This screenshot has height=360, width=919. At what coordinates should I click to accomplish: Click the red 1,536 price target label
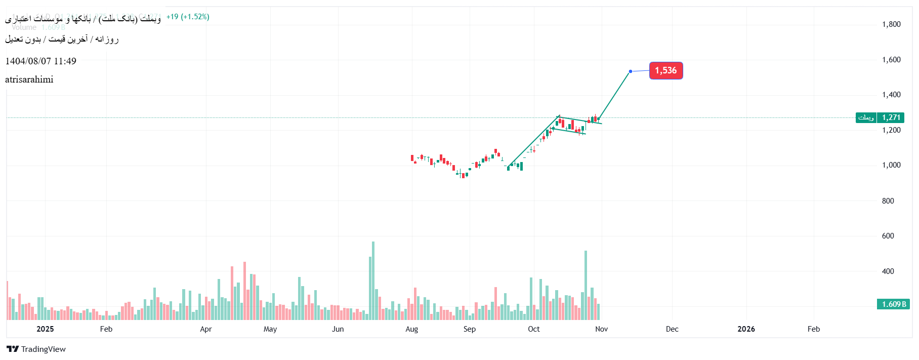[665, 71]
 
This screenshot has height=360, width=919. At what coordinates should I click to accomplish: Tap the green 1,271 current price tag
[891, 117]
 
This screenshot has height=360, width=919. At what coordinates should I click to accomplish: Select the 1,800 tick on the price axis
[891, 24]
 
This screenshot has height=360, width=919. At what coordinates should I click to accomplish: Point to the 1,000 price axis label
[891, 165]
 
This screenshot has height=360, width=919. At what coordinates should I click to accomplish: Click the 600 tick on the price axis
[888, 236]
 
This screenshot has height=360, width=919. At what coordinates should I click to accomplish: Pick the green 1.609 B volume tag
[893, 304]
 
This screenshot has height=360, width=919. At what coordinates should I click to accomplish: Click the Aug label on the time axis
[412, 329]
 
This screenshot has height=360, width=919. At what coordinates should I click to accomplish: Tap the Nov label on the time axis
[601, 329]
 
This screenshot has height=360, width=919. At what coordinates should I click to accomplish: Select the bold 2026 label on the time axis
[746, 329]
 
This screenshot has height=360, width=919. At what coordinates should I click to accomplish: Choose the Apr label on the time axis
[205, 329]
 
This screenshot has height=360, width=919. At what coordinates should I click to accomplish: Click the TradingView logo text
[43, 349]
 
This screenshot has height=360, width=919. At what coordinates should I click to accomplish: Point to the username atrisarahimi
[29, 79]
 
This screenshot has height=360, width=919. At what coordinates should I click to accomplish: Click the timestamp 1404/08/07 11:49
[40, 61]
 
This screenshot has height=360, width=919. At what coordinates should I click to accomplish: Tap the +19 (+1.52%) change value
[188, 17]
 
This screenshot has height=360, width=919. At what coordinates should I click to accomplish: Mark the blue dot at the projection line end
[630, 71]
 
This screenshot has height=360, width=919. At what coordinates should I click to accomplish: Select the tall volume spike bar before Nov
[586, 285]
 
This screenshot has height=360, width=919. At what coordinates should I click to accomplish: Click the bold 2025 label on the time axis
[45, 329]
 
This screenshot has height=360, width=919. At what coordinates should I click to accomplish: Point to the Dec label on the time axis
[672, 329]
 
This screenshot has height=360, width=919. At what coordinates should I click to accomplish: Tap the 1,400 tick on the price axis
[891, 95]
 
